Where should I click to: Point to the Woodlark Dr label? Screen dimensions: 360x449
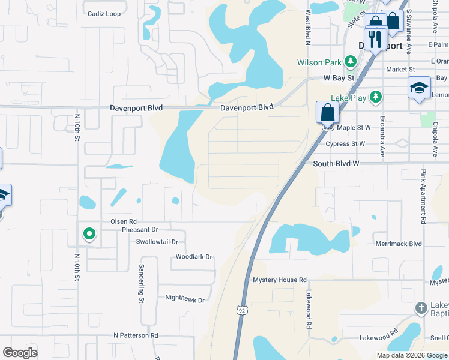194,257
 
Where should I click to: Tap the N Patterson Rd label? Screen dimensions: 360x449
136,335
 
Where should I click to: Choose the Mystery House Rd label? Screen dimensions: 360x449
279,280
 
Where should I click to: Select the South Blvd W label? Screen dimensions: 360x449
336,163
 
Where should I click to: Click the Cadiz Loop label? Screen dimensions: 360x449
104,14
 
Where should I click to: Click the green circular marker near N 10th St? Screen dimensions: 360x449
89,233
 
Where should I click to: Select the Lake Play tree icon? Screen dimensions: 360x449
376,97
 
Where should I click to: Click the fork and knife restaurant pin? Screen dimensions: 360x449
375,39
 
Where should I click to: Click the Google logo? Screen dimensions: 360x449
20,353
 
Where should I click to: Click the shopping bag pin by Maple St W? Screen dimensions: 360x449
327,112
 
